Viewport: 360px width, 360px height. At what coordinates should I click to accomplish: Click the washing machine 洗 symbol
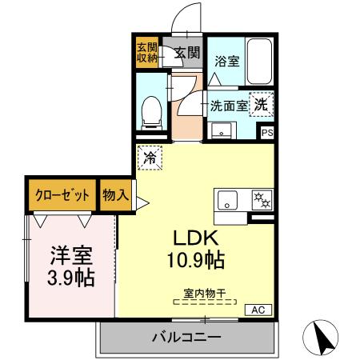tap(261, 102)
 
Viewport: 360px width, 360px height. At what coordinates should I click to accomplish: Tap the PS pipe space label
tap(266, 133)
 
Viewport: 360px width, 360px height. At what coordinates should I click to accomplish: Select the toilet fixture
tap(150, 111)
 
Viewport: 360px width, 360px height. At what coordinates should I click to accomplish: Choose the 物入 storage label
tap(114, 194)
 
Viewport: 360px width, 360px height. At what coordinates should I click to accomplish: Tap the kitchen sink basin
tap(227, 201)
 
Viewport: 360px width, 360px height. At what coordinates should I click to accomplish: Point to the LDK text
tap(196, 238)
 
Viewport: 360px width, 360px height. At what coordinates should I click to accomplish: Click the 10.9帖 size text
tap(196, 260)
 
